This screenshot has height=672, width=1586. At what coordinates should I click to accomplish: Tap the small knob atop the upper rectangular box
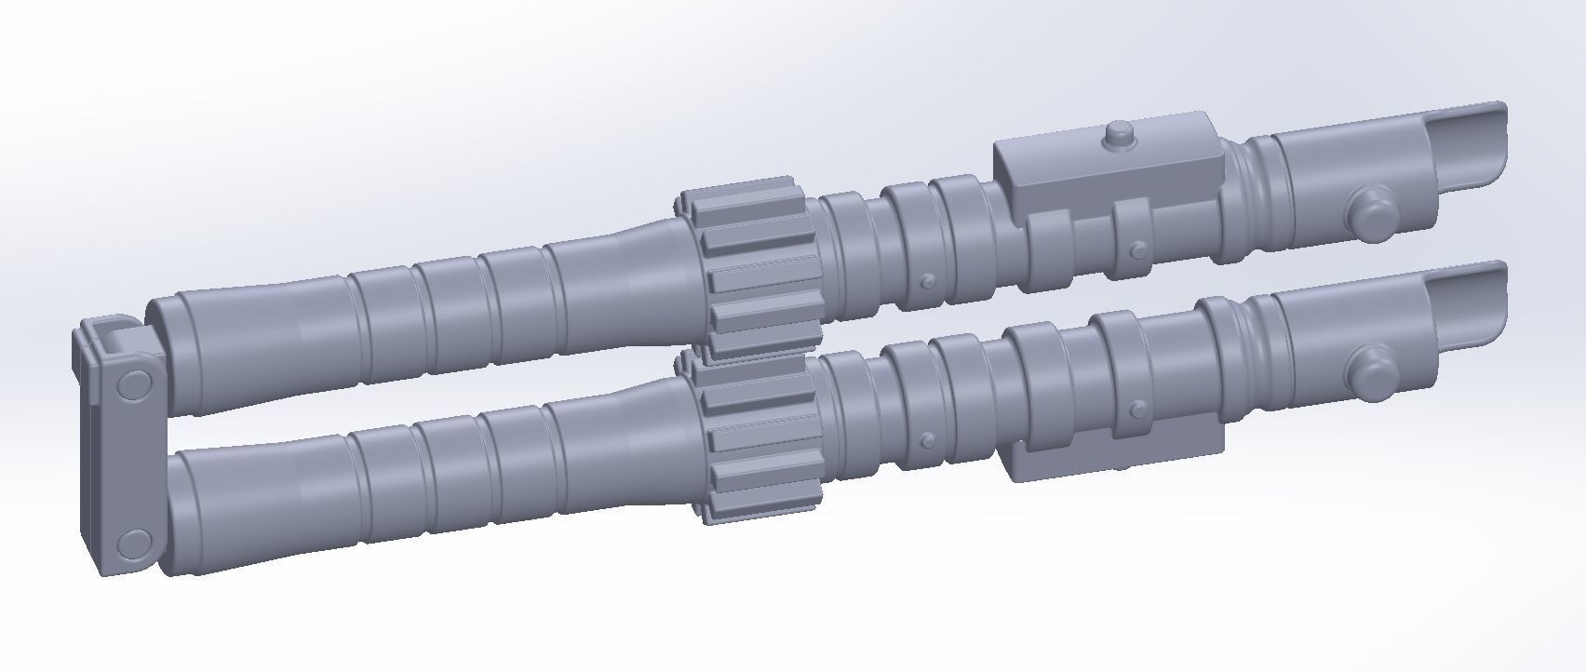click(1117, 136)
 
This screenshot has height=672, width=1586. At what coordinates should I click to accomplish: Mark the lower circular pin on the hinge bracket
click(133, 543)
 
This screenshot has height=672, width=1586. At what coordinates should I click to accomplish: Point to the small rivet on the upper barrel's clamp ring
click(1137, 249)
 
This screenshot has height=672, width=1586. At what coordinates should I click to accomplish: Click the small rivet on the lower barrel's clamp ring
click(1138, 408)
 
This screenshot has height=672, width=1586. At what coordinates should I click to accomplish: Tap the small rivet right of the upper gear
click(926, 281)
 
